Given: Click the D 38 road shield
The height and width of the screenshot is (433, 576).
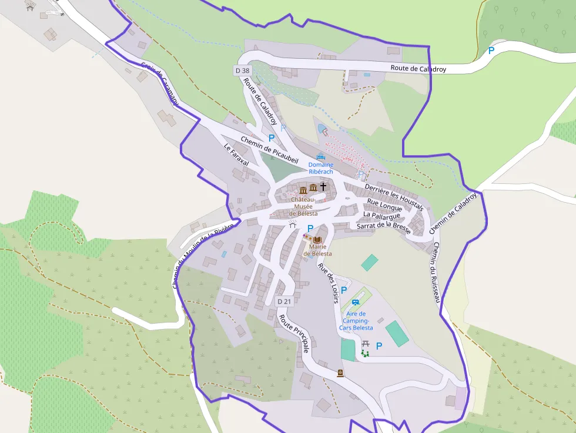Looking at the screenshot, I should click(x=242, y=71).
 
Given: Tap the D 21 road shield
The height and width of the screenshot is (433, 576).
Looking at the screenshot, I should click(x=284, y=301).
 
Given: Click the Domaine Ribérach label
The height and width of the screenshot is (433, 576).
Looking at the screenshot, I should click(x=320, y=168).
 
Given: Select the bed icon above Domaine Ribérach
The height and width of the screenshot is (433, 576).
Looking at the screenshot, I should click(x=320, y=157).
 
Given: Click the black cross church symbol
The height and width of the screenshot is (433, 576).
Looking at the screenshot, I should click(x=323, y=187).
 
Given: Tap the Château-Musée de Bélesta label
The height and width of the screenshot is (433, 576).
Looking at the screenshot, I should click(x=304, y=206).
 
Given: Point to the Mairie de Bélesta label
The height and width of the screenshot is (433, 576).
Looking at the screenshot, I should click(x=317, y=250).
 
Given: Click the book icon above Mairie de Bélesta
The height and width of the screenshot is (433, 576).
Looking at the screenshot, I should click(x=317, y=240).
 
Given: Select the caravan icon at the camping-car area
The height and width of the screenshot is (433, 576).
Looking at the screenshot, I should click(x=355, y=303).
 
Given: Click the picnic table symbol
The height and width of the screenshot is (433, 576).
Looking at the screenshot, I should click(x=365, y=343).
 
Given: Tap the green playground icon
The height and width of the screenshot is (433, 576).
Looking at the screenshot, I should click(x=365, y=353).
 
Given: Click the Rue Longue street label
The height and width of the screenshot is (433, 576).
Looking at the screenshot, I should click(x=384, y=205).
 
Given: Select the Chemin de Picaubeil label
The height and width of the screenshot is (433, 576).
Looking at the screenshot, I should click(x=269, y=149).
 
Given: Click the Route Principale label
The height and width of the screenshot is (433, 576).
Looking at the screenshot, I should click(x=294, y=334).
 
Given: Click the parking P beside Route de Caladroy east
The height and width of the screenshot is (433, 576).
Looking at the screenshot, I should click(x=491, y=51).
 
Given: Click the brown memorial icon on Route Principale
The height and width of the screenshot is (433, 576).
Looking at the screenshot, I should click(x=340, y=373).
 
